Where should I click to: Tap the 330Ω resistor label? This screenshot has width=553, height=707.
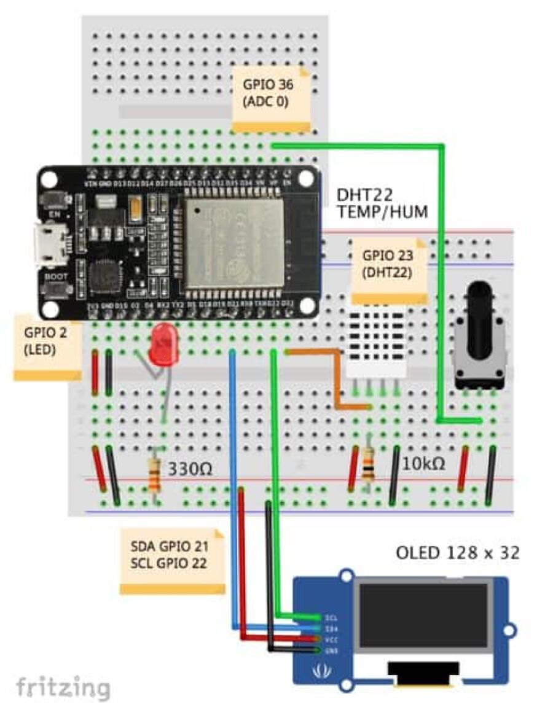click(190, 470)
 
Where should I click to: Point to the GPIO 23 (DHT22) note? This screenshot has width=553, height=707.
click(388, 269)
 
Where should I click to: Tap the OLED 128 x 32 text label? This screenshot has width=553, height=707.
click(458, 553)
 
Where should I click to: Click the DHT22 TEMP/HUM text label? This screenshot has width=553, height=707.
click(381, 203)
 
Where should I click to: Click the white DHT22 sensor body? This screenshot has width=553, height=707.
click(376, 341)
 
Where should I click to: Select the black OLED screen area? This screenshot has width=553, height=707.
click(424, 615)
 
